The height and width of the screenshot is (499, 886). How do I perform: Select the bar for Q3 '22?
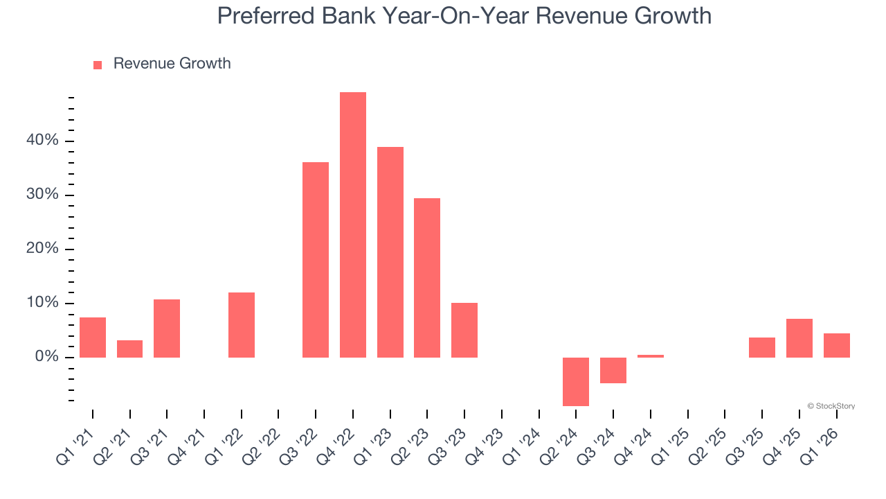316,260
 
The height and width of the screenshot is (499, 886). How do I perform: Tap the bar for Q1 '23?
390,252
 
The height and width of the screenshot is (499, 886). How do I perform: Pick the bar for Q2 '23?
427,278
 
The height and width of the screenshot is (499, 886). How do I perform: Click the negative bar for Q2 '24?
576,381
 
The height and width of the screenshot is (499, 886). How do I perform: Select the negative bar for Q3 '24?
613,370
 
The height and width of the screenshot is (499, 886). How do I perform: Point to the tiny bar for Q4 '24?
650,356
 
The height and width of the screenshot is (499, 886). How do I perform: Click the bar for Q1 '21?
93,338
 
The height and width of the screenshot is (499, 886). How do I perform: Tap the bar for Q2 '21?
129,349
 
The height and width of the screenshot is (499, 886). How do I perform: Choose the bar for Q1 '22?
242,325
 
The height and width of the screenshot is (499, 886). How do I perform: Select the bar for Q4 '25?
799,338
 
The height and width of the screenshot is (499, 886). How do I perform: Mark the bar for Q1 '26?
836,345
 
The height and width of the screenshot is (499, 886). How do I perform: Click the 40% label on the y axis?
42,141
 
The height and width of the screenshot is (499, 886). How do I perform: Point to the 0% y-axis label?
46,357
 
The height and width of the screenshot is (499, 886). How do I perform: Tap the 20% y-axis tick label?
42,249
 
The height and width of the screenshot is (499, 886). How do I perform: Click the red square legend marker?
98,64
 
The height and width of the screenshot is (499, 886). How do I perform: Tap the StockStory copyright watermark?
831,406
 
